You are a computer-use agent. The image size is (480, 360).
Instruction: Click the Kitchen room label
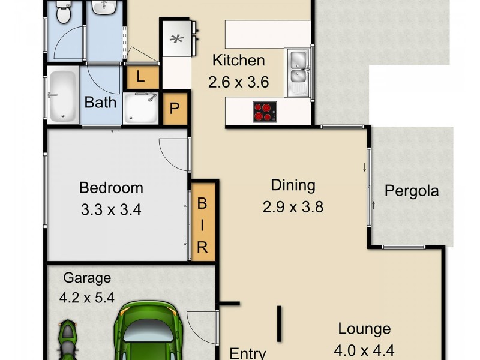coord(238,61)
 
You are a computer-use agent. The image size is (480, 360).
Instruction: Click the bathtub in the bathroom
coord(62,97)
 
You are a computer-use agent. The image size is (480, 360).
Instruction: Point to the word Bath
coord(100,102)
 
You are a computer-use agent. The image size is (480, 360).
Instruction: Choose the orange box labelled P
coord(175,109)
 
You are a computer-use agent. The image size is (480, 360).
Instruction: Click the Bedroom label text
coord(111,188)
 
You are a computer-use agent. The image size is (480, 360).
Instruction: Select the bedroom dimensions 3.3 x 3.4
coord(111,211)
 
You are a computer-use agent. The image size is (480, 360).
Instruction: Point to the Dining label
coord(293,185)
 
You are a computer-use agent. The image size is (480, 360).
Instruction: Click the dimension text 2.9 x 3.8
coord(293,208)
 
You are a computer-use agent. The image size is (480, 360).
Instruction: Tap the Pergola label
coord(412,192)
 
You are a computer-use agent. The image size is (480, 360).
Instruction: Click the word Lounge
coord(364,329)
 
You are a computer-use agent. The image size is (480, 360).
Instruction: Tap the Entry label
coord(248,353)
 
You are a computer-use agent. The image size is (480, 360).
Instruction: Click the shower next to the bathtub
coord(141,107)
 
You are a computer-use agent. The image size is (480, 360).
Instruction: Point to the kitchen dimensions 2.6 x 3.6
coord(238,83)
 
